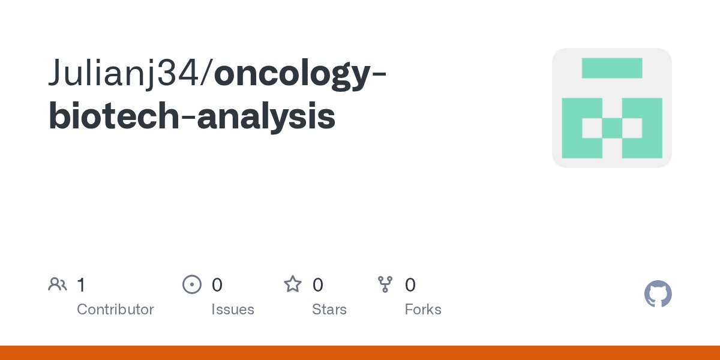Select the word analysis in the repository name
[x=266, y=118]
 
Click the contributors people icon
[x=58, y=284]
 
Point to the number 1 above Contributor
[x=81, y=284]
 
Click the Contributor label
[x=115, y=310]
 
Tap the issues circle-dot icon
[x=191, y=284]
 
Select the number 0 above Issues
[x=217, y=284]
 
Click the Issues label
[x=232, y=310]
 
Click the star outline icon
[x=293, y=284]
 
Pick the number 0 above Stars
[x=318, y=284]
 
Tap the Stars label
[x=329, y=310]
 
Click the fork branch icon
[x=385, y=284]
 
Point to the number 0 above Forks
[x=410, y=284]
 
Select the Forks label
[x=423, y=310]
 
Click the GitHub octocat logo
[x=658, y=294]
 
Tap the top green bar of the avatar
[x=612, y=68]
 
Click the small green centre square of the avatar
[x=612, y=128]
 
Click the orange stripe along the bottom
[x=360, y=353]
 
